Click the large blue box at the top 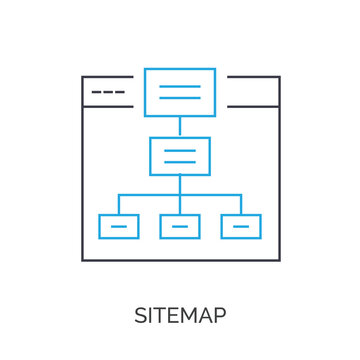tap(180, 92)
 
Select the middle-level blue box tap(180, 156)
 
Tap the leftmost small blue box tap(119, 226)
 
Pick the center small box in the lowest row tap(180, 226)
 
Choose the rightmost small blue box tap(241, 226)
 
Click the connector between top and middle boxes tap(180, 127)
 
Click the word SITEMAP tap(180, 316)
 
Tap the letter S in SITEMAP tap(141, 316)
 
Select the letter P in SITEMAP tap(220, 316)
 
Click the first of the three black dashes tap(96, 92)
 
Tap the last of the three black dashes tap(121, 92)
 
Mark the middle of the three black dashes tap(108, 92)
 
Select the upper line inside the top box tap(180, 86)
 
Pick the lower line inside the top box tap(180, 98)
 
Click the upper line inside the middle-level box tap(180, 150)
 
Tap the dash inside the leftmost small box tap(119, 227)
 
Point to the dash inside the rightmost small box tap(241, 227)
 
